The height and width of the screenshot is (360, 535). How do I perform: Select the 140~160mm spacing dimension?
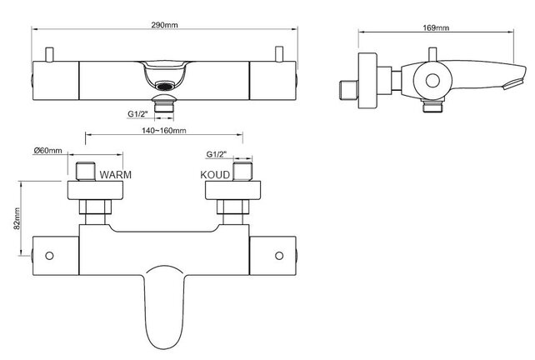pos(163,131)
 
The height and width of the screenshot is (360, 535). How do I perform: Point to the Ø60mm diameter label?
pos(47,151)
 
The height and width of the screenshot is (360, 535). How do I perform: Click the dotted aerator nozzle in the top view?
pos(163,84)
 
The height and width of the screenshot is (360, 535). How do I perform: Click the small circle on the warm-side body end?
pos(50,256)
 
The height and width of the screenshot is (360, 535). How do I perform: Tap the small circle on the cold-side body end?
pos(277,256)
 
